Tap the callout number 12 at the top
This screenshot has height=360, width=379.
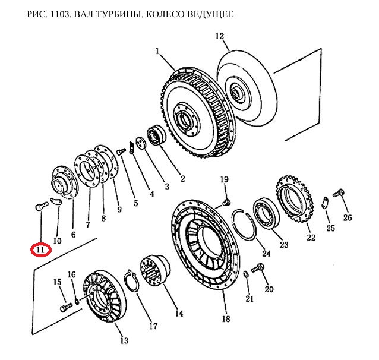(x=220, y=37)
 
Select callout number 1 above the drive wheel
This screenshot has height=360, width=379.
(x=158, y=52)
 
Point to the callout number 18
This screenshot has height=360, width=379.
(x=226, y=319)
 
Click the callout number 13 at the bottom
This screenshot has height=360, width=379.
(x=124, y=340)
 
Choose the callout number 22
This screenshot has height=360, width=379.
(x=311, y=238)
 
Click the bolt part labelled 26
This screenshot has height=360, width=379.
(x=339, y=192)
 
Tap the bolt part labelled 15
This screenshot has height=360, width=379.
(x=65, y=308)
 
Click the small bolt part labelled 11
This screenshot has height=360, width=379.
(x=39, y=207)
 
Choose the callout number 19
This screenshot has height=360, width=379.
(x=224, y=179)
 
